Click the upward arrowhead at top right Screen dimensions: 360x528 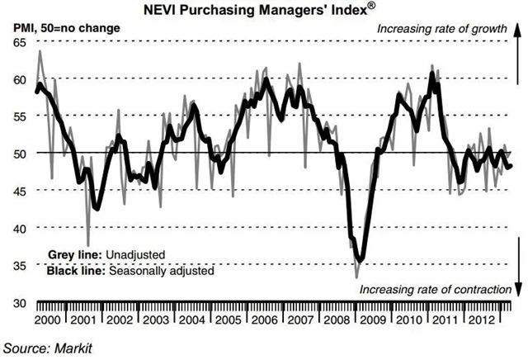(x=518, y=26)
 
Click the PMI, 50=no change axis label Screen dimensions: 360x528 (x=66, y=28)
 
